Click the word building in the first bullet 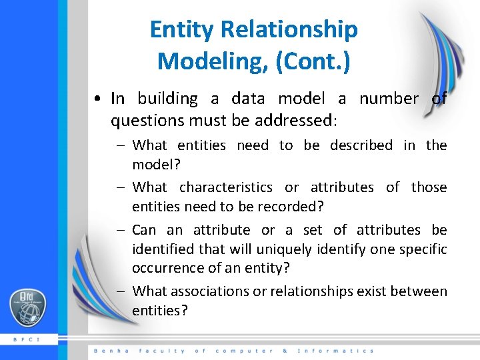(167, 99)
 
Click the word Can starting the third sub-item (144, 230)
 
